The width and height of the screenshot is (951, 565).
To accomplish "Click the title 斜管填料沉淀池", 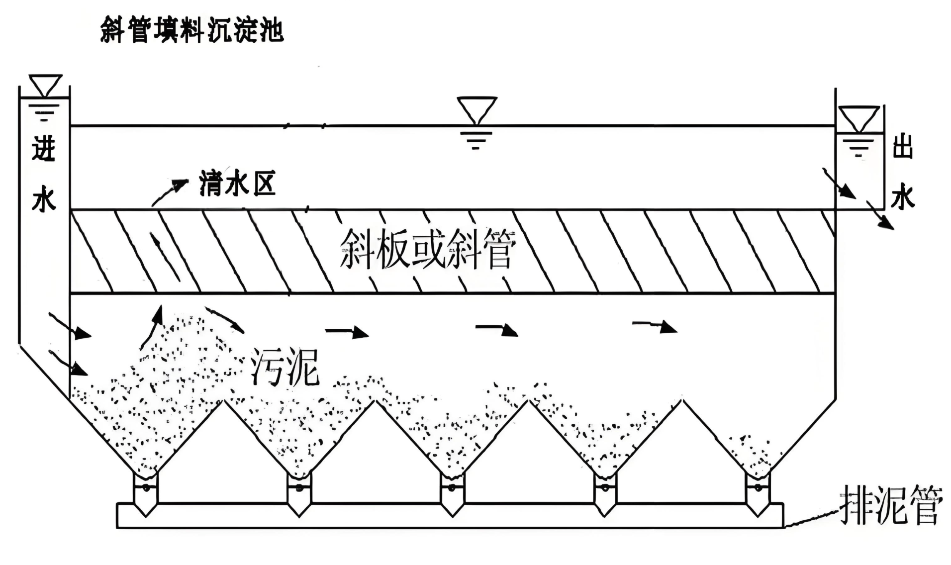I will tap(192, 30).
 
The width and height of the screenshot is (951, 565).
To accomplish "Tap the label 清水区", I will tap(237, 184).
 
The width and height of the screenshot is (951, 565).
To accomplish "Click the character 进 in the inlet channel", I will tap(44, 148).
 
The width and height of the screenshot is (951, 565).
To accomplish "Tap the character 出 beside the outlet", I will tap(902, 147).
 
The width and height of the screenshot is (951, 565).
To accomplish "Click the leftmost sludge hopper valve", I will tap(146, 488).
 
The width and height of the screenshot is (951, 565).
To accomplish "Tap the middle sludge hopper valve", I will tap(452, 488).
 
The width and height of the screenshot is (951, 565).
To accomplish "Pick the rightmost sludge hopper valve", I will tap(758, 488).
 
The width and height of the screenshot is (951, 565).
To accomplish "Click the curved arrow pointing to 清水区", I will tap(169, 192).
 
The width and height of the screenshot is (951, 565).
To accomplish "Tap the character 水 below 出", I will tap(902, 196).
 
